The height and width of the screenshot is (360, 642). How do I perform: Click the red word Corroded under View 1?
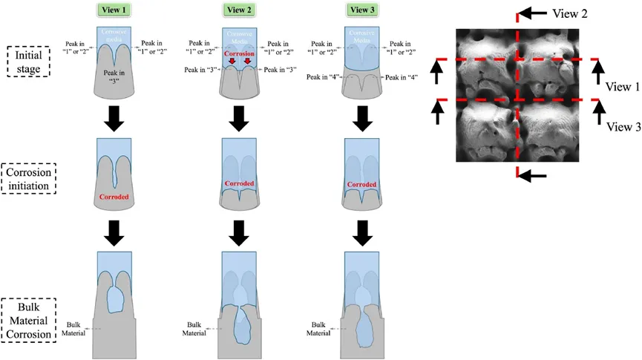coord(114,197)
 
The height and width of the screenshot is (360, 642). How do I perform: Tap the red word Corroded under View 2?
coord(238,183)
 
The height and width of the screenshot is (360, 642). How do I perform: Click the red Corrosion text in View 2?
coord(238,55)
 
